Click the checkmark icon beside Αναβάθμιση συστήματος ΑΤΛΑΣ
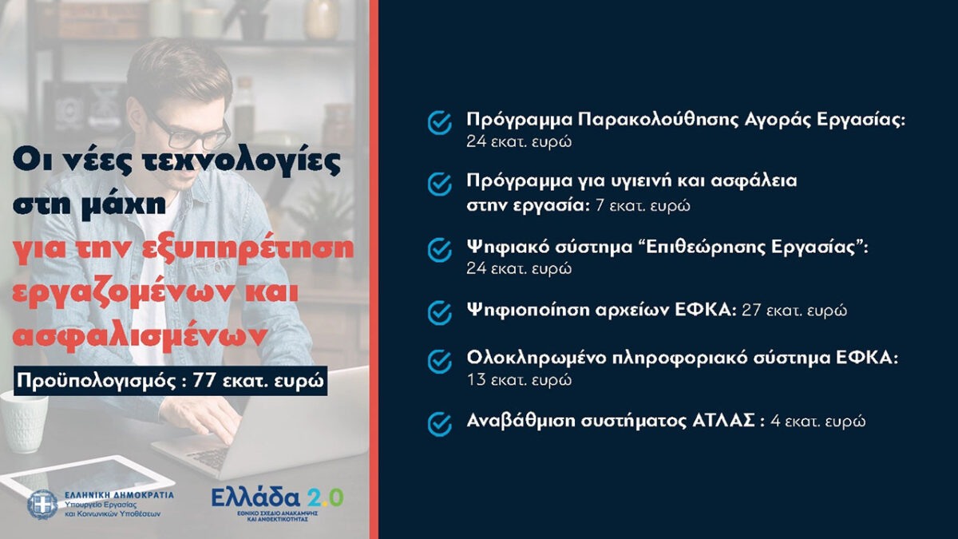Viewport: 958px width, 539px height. point(440,424)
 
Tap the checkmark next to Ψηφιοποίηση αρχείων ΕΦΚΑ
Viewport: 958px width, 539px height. point(440,313)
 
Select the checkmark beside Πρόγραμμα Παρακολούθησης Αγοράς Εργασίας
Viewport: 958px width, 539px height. point(440,123)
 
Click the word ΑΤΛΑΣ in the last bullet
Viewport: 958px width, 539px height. point(723,421)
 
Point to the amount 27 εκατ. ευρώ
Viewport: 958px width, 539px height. point(794,310)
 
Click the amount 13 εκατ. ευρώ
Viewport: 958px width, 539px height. point(519,379)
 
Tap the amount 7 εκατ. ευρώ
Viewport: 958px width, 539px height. point(643,206)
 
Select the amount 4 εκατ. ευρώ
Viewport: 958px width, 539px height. point(817,422)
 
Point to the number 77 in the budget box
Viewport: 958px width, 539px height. point(204,380)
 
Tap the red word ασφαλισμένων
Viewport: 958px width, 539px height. point(141,337)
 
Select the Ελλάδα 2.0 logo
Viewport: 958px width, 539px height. point(278,504)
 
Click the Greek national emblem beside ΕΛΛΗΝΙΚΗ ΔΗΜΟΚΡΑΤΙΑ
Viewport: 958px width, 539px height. point(42,505)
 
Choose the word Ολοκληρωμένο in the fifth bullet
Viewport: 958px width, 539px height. point(536,359)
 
